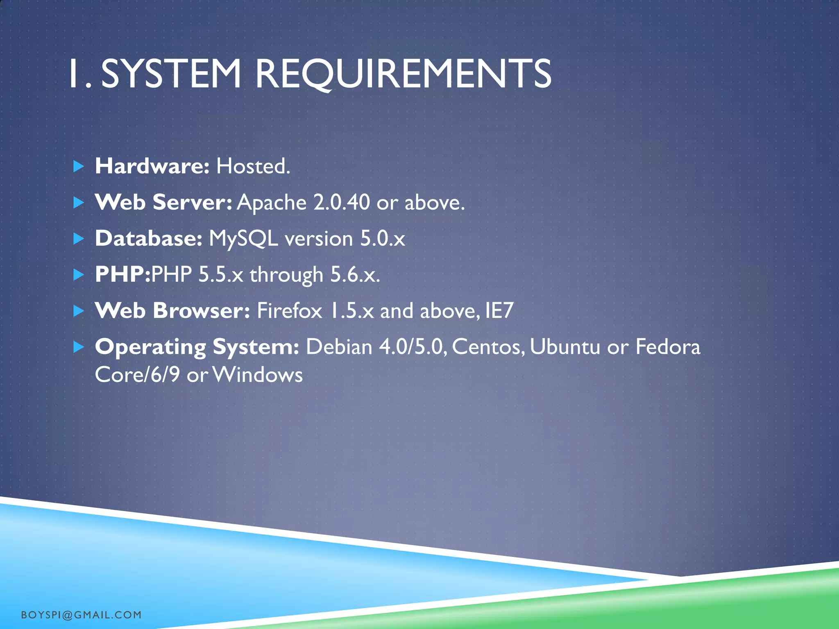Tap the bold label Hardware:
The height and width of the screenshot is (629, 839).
(x=152, y=166)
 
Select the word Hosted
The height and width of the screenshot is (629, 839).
(x=253, y=166)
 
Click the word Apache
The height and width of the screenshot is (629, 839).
(x=272, y=203)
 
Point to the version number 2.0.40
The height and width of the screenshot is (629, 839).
(x=341, y=202)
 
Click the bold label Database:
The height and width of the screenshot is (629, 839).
(x=148, y=238)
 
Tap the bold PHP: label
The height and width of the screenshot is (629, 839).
(x=122, y=274)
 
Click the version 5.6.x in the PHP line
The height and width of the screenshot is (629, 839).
(x=355, y=274)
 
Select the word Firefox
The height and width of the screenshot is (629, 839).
(x=289, y=310)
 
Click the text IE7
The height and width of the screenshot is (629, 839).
(x=499, y=310)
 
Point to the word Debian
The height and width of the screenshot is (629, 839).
(x=339, y=347)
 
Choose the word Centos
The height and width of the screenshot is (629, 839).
(x=488, y=347)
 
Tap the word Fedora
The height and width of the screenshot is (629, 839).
(x=668, y=347)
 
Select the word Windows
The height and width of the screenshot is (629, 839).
(x=258, y=375)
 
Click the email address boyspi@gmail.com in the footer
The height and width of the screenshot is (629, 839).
(x=81, y=615)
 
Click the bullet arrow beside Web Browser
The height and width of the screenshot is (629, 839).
(x=78, y=311)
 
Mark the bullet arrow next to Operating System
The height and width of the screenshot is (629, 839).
(x=78, y=347)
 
